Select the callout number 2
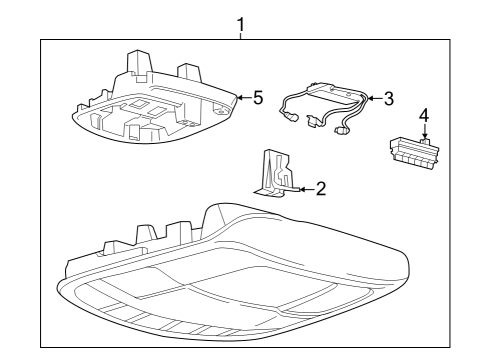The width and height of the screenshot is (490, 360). click(320, 187)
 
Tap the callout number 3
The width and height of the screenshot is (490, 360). click(389, 98)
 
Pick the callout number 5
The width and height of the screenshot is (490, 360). click(257, 98)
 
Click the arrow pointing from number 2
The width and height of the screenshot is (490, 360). click(303, 187)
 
